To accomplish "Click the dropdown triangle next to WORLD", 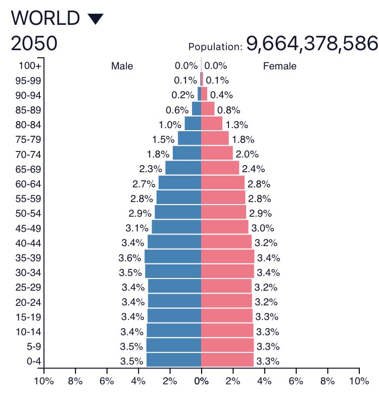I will [95, 19].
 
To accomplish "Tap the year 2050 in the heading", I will [34, 45].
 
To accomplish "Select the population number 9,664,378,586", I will [312, 44].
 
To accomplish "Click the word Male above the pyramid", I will [122, 66].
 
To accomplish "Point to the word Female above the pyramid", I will [279, 66].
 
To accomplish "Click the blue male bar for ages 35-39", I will [173, 257].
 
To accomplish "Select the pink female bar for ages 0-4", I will [227, 361].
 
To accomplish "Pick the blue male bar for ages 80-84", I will [193, 124].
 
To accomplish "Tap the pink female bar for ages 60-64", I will [223, 183].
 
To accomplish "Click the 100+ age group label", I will [30, 66].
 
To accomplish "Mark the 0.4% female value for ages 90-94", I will [221, 95].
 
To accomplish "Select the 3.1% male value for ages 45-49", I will [136, 228].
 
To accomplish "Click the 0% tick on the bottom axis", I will [201, 381].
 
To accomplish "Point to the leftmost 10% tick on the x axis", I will [43, 381].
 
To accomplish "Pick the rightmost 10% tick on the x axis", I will [359, 381].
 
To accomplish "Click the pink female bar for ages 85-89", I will [208, 109].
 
